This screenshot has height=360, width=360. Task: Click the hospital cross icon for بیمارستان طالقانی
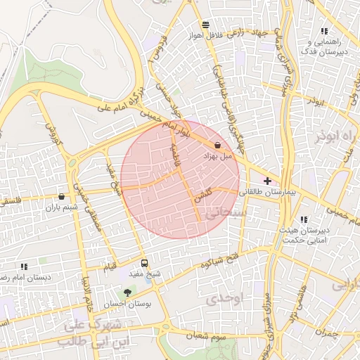[267, 181]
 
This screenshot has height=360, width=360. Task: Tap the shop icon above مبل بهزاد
[218, 145]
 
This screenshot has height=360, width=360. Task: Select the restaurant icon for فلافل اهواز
[205, 24]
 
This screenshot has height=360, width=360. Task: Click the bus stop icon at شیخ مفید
[145, 263]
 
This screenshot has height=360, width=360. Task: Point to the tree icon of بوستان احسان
[127, 292]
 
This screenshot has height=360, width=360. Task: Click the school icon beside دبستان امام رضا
[24, 266]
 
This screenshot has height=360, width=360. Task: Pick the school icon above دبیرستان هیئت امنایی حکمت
[304, 219]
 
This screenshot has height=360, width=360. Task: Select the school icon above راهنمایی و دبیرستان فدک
[324, 31]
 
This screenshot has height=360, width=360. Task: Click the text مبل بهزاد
[217, 156]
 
